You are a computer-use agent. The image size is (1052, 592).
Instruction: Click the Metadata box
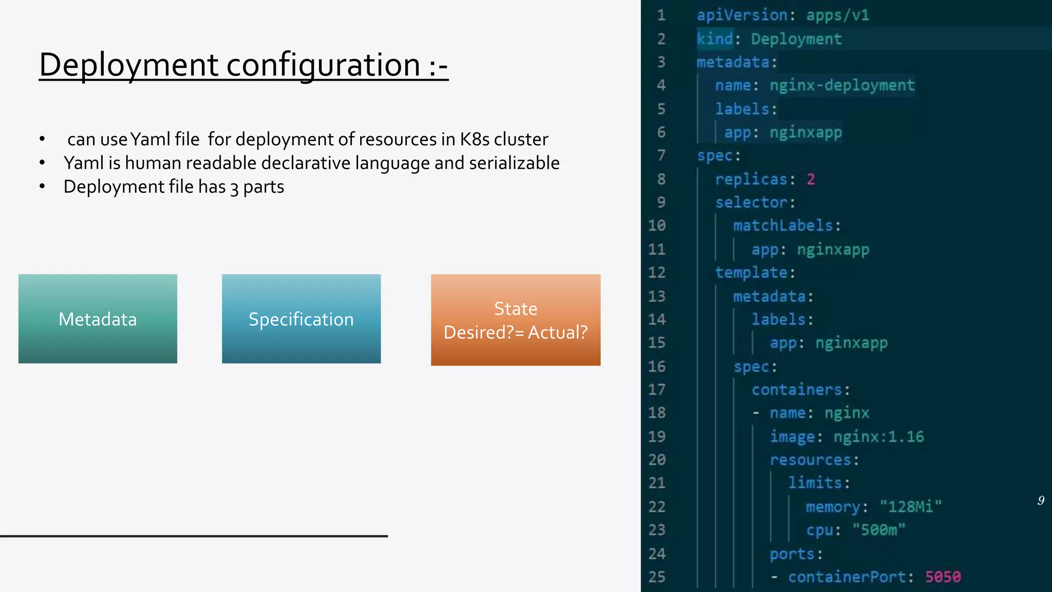coord(98,319)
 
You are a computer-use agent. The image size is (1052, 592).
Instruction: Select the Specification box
coord(301,319)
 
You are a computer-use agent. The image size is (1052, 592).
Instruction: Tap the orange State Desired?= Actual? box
coord(515,320)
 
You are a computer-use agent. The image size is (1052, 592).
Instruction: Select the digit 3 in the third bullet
coord(234,188)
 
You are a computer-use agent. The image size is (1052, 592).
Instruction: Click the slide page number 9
coord(1041,501)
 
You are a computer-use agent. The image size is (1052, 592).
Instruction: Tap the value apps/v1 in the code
coord(837,15)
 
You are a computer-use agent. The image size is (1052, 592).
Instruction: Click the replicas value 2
coord(811,179)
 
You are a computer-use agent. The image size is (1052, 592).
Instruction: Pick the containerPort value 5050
coord(943,577)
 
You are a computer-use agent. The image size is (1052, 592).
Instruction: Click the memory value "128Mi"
coord(910,507)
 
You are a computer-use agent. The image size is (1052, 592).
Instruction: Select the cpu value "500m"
coord(878,530)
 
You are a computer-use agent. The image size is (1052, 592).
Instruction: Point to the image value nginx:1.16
coord(878,437)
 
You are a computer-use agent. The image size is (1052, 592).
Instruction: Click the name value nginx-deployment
coord(842,85)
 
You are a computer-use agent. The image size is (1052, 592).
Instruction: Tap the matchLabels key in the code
coord(783,226)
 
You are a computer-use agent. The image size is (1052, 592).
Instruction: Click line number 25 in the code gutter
coord(656,577)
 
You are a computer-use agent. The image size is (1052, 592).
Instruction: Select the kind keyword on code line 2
coord(715,39)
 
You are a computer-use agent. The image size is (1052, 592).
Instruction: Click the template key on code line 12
coord(752,272)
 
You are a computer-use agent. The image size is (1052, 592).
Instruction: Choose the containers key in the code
coord(797,390)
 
